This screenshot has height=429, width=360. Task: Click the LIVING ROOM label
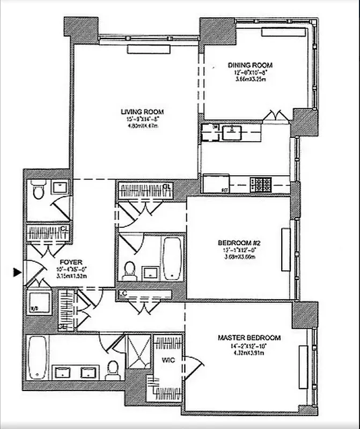coord(142,112)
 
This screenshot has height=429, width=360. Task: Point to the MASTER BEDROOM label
coord(249,338)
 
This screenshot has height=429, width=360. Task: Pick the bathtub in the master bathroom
coord(38,356)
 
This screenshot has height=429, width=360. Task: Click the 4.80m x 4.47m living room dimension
coord(142,127)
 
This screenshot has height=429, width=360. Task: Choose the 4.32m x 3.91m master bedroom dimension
coord(249,353)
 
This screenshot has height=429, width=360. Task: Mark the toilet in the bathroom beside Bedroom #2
coord(129,271)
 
